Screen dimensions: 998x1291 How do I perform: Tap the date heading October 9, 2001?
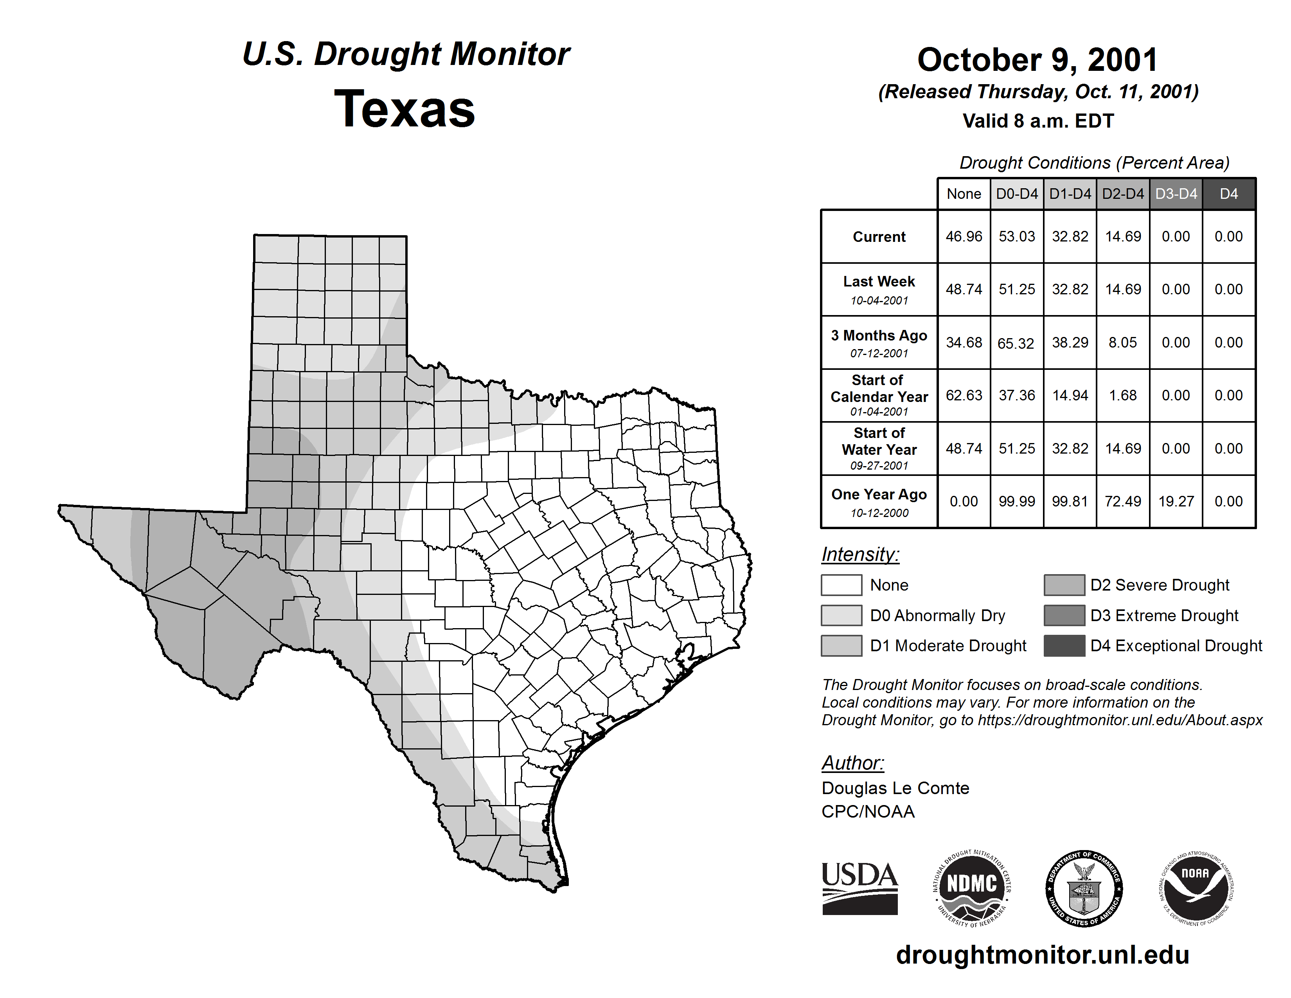1037,60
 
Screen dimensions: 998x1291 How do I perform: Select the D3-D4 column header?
1176,194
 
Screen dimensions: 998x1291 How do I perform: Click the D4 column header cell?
1228,194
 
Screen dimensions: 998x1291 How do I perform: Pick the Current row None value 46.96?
964,236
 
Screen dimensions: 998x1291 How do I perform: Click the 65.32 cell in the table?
1016,343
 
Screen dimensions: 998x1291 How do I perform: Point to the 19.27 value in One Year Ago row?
1176,501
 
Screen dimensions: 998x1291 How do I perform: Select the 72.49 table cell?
1122,501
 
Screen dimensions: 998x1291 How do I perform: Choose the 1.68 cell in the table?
1122,396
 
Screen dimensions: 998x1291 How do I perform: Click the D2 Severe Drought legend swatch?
1064,585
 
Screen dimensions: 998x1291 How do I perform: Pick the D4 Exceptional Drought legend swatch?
1064,646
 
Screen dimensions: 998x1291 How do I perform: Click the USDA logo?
859,888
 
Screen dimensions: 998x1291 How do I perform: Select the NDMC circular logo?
972,888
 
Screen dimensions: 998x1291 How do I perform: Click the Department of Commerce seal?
1084,888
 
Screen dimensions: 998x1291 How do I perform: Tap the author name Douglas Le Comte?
895,788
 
